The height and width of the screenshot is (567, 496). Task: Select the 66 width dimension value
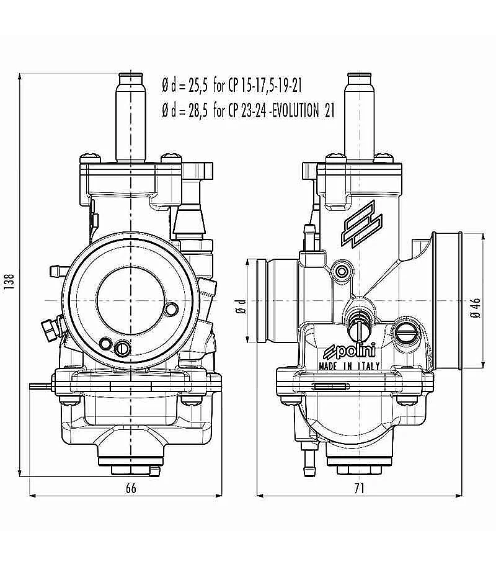(x=131, y=488)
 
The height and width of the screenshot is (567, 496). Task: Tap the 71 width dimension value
(x=359, y=488)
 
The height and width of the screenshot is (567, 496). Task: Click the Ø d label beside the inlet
(x=241, y=306)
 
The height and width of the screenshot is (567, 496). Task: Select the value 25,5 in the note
(x=198, y=86)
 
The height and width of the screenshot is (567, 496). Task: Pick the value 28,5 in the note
(x=198, y=110)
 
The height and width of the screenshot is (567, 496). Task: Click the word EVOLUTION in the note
(x=295, y=110)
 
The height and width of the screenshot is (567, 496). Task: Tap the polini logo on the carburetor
(x=349, y=351)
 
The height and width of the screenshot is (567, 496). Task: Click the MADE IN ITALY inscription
(x=349, y=366)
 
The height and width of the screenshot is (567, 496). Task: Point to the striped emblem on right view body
(x=361, y=224)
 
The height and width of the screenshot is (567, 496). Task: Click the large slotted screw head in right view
(x=404, y=331)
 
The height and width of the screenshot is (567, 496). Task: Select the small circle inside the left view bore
(x=171, y=309)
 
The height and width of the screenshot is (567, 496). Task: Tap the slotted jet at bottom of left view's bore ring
(x=122, y=349)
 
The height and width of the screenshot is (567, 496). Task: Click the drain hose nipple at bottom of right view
(x=309, y=459)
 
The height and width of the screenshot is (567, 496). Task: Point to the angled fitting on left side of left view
(x=50, y=328)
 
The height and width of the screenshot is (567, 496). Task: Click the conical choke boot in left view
(x=189, y=221)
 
